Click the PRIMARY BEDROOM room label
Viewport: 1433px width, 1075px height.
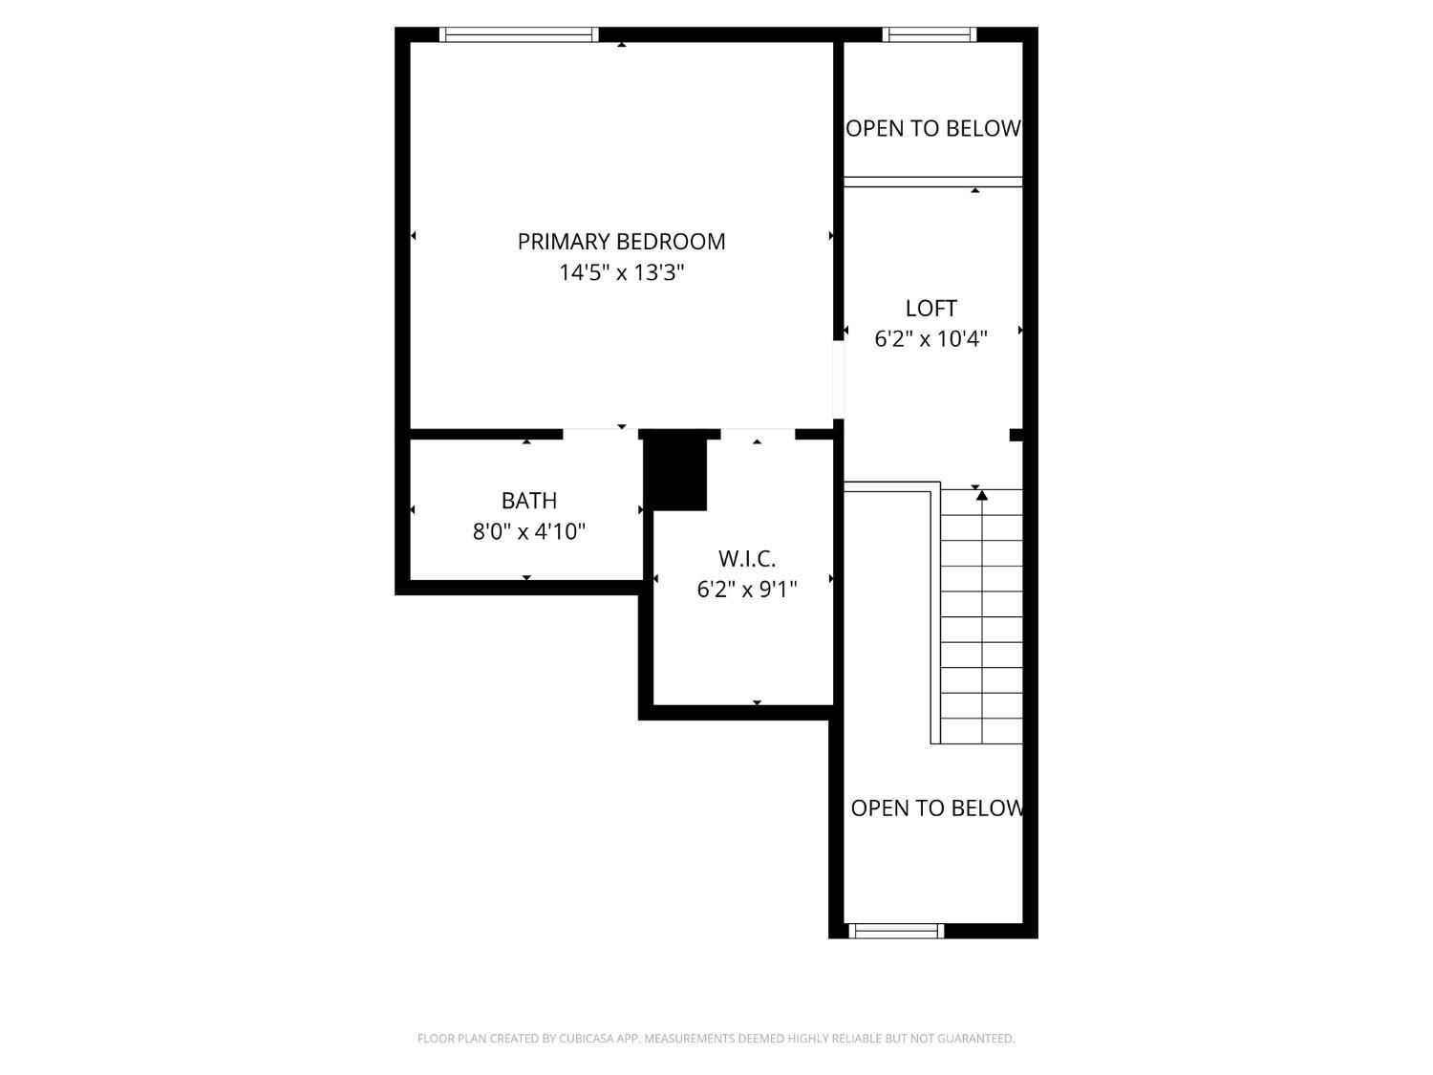pyautogui.click(x=621, y=242)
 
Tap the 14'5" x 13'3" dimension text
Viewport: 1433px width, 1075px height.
pyautogui.click(x=621, y=273)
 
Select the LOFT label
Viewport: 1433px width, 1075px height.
pyautogui.click(x=930, y=309)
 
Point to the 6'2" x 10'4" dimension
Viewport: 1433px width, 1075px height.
pyautogui.click(x=930, y=339)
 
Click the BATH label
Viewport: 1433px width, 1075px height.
pyautogui.click(x=528, y=501)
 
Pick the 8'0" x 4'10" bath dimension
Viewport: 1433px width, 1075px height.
pyautogui.click(x=528, y=531)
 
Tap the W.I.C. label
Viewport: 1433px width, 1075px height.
pyautogui.click(x=746, y=559)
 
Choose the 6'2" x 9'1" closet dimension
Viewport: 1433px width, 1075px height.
pyautogui.click(x=746, y=590)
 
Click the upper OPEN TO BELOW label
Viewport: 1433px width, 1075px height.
pyautogui.click(x=933, y=129)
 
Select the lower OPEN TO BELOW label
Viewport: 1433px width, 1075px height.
pyautogui.click(x=936, y=808)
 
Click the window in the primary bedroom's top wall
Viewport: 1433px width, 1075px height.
pyautogui.click(x=520, y=35)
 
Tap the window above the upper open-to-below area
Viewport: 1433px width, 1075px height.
pyautogui.click(x=930, y=35)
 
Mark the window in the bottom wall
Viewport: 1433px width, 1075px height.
pyautogui.click(x=896, y=931)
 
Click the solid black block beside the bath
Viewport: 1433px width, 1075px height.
pyautogui.click(x=676, y=472)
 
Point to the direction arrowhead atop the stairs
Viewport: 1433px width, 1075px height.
pyautogui.click(x=981, y=495)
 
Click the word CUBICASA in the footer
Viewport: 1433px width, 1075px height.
pyautogui.click(x=586, y=1039)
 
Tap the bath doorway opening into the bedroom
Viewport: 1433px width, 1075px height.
pyautogui.click(x=600, y=434)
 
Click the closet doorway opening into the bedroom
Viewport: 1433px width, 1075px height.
pyautogui.click(x=758, y=434)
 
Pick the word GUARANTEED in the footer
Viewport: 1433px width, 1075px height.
pyautogui.click(x=978, y=1039)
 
